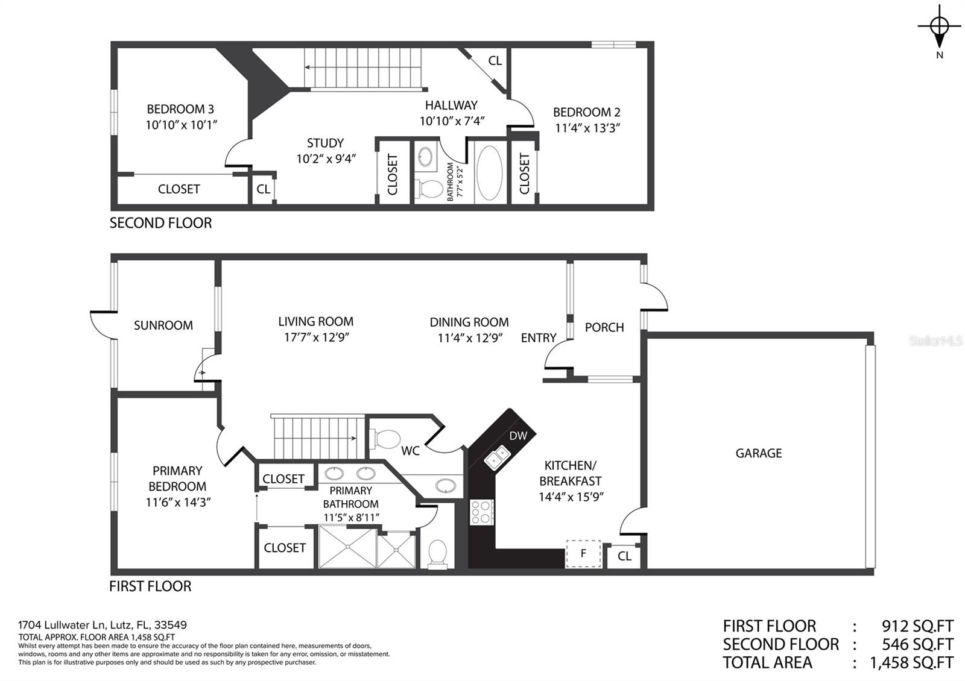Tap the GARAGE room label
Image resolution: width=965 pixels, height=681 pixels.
[x=759, y=453]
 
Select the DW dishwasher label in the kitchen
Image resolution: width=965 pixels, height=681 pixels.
[x=518, y=436]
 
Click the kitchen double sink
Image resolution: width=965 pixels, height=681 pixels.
[x=497, y=457]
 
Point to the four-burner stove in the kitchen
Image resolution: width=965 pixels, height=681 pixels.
[x=482, y=512]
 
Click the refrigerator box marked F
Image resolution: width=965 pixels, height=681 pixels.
[x=583, y=554]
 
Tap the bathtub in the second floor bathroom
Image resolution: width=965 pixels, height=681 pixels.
[x=490, y=172]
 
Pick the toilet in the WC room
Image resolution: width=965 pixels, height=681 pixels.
[x=385, y=439]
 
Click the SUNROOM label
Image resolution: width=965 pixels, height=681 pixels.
[x=163, y=325]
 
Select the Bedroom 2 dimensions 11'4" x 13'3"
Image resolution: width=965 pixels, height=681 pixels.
[x=587, y=128]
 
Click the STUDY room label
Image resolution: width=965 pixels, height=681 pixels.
[x=325, y=143]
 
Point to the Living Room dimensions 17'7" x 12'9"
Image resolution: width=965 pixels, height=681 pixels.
[x=316, y=337]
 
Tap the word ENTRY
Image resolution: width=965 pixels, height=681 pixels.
[x=539, y=338]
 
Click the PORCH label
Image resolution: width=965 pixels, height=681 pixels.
[x=604, y=328]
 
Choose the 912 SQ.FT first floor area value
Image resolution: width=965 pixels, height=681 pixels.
[x=917, y=626]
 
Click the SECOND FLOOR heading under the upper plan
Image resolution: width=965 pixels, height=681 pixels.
[x=160, y=223]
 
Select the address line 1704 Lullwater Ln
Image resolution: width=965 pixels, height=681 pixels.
[x=63, y=624]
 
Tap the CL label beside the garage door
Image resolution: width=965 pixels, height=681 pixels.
[x=624, y=556]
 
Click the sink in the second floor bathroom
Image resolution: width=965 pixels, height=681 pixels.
[x=426, y=155]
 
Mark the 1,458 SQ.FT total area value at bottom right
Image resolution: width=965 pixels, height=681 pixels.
[x=911, y=662]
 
